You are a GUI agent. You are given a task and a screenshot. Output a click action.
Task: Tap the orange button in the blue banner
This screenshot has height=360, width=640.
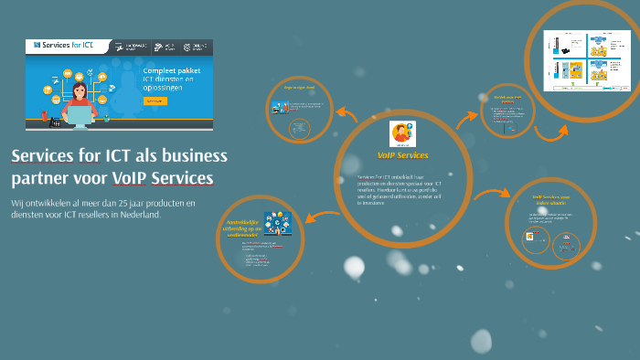coord(155,101)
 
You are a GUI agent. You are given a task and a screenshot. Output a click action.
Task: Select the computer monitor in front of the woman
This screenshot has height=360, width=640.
coord(80,116)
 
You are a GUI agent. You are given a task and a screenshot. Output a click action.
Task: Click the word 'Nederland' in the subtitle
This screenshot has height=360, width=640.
coord(137,215)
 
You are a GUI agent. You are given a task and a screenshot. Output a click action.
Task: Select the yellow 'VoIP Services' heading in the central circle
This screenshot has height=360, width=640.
coord(402,155)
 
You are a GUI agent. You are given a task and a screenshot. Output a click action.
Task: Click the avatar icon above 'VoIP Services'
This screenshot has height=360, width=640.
coord(402,133)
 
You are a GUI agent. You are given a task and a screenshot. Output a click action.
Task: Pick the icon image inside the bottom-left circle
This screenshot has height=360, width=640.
coord(278,224)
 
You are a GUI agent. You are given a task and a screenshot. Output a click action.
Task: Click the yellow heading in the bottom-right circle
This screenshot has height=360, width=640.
coord(552,199)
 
